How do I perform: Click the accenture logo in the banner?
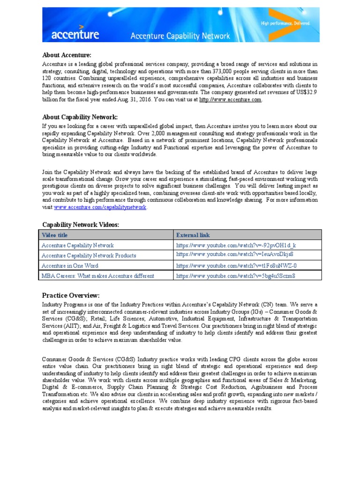point(68,33)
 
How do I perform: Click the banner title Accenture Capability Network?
point(180,36)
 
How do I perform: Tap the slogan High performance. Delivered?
point(284,23)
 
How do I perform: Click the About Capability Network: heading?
point(80,117)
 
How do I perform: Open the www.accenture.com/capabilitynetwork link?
point(100,207)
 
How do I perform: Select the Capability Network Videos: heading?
point(81,225)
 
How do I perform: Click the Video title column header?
point(55,235)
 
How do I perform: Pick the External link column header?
point(193,235)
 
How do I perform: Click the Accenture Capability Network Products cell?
point(89,255)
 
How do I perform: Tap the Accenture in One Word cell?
point(70,266)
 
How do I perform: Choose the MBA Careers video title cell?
point(98,276)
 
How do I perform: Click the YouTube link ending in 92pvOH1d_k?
point(236,245)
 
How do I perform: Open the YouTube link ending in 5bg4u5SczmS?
point(236,276)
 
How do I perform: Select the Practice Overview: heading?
point(71,295)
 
